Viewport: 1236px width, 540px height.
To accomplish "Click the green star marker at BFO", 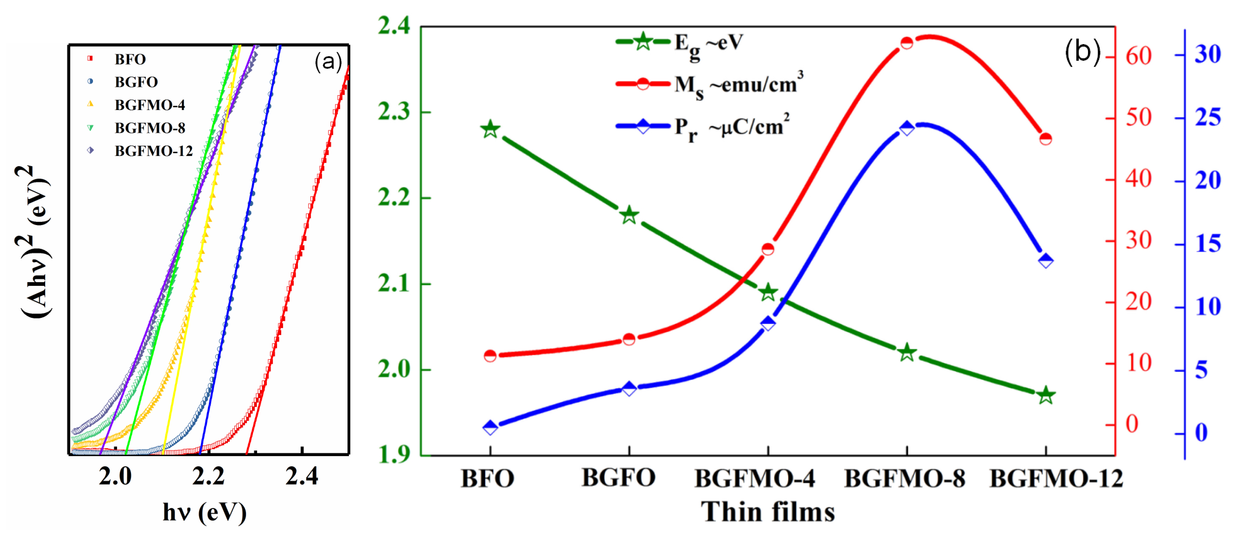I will [x=490, y=129].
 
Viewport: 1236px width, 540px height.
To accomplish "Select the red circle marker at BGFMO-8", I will [x=906, y=43].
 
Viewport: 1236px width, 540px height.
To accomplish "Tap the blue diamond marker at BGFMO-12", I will [x=1046, y=261].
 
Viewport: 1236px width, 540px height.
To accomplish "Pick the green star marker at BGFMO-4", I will [x=768, y=292].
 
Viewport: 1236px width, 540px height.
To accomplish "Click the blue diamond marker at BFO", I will [x=490, y=427].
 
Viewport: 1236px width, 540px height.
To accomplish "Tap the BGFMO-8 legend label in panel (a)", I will [x=150, y=128].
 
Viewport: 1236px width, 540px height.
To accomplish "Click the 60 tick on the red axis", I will [x=1138, y=57].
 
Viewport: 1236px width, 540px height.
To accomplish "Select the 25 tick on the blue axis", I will [x=1207, y=118].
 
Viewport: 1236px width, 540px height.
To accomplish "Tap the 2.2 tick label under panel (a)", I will [x=208, y=477].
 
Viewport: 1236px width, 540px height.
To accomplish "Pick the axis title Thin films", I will [x=768, y=512].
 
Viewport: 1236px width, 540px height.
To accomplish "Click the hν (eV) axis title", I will [x=205, y=512].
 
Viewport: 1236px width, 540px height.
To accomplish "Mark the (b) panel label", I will [x=1083, y=51].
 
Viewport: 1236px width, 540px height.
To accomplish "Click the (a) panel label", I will [x=328, y=62].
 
